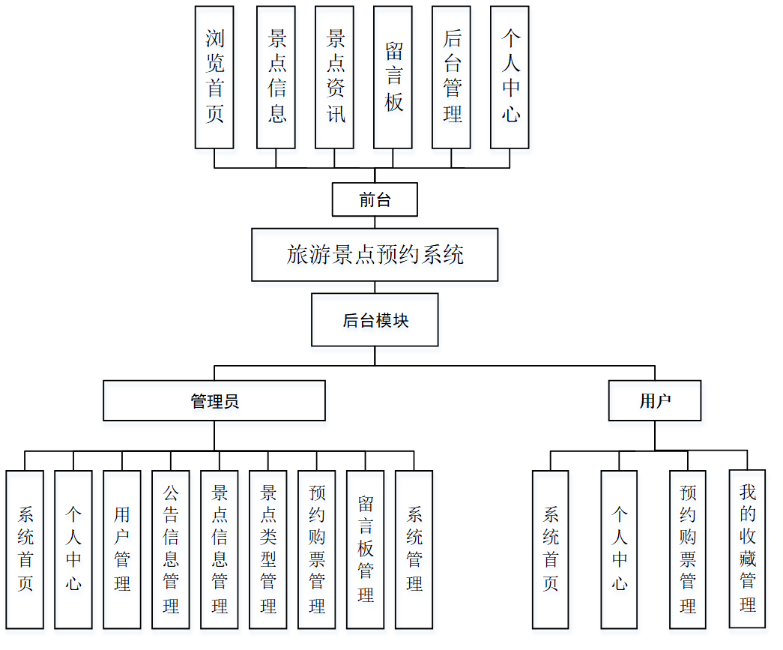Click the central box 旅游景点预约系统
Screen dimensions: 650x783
375,255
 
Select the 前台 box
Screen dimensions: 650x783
375,200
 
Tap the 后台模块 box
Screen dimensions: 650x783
375,320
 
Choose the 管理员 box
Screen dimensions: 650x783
214,400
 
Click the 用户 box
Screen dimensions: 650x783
655,400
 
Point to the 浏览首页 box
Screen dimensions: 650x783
214,77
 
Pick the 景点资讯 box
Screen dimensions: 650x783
334,77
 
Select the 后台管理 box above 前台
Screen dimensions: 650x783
452,77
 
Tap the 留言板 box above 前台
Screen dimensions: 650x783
393,77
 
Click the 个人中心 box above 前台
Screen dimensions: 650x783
510,77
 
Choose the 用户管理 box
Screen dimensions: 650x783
122,549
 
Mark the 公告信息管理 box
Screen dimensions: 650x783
171,549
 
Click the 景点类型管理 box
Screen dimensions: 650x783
268,549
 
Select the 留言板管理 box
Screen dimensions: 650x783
366,549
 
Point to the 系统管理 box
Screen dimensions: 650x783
414,549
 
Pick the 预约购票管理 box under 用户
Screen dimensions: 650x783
688,549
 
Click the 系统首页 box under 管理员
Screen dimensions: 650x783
25,549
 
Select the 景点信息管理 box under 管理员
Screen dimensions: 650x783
220,549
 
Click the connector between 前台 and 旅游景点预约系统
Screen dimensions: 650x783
375,223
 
